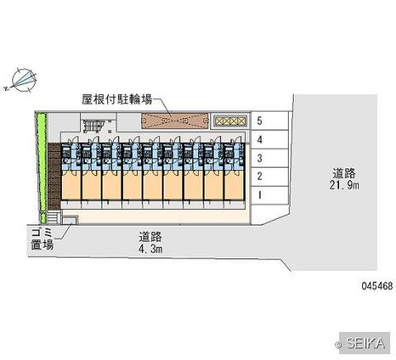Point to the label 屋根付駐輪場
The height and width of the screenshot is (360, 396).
(x=116, y=99)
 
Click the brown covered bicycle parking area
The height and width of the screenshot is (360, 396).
(x=175, y=121)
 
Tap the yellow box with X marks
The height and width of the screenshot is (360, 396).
(x=230, y=121)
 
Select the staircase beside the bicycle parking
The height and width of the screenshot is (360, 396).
(x=92, y=126)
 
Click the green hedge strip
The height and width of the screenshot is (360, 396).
(x=42, y=168)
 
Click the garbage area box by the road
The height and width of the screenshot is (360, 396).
(x=69, y=220)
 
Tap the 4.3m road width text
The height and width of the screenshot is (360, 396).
(x=150, y=249)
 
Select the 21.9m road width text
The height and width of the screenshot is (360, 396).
(x=344, y=185)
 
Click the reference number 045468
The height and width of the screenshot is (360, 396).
(x=377, y=286)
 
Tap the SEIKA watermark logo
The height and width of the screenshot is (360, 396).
(x=365, y=343)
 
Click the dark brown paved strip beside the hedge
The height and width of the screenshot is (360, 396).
(x=54, y=177)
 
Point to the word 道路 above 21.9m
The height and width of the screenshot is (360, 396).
(x=344, y=173)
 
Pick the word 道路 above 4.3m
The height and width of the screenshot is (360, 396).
(x=150, y=237)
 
